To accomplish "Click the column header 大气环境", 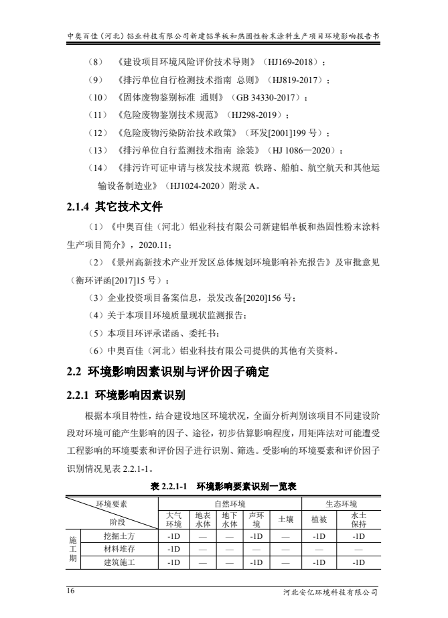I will (173, 519).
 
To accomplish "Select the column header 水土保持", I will (358, 519).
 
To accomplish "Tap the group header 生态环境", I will (341, 504).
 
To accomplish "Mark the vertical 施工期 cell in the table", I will (72, 549).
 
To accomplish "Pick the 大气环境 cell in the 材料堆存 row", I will (173, 549).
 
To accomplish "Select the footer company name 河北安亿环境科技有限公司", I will (331, 593).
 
